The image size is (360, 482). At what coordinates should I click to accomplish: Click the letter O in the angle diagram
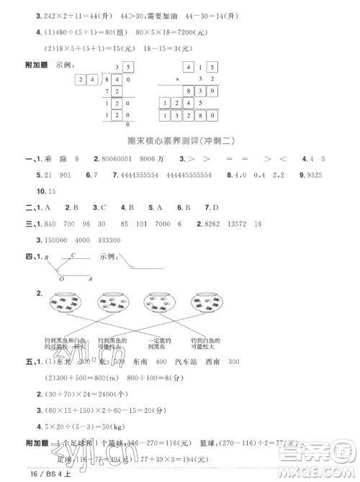tap(61, 279)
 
